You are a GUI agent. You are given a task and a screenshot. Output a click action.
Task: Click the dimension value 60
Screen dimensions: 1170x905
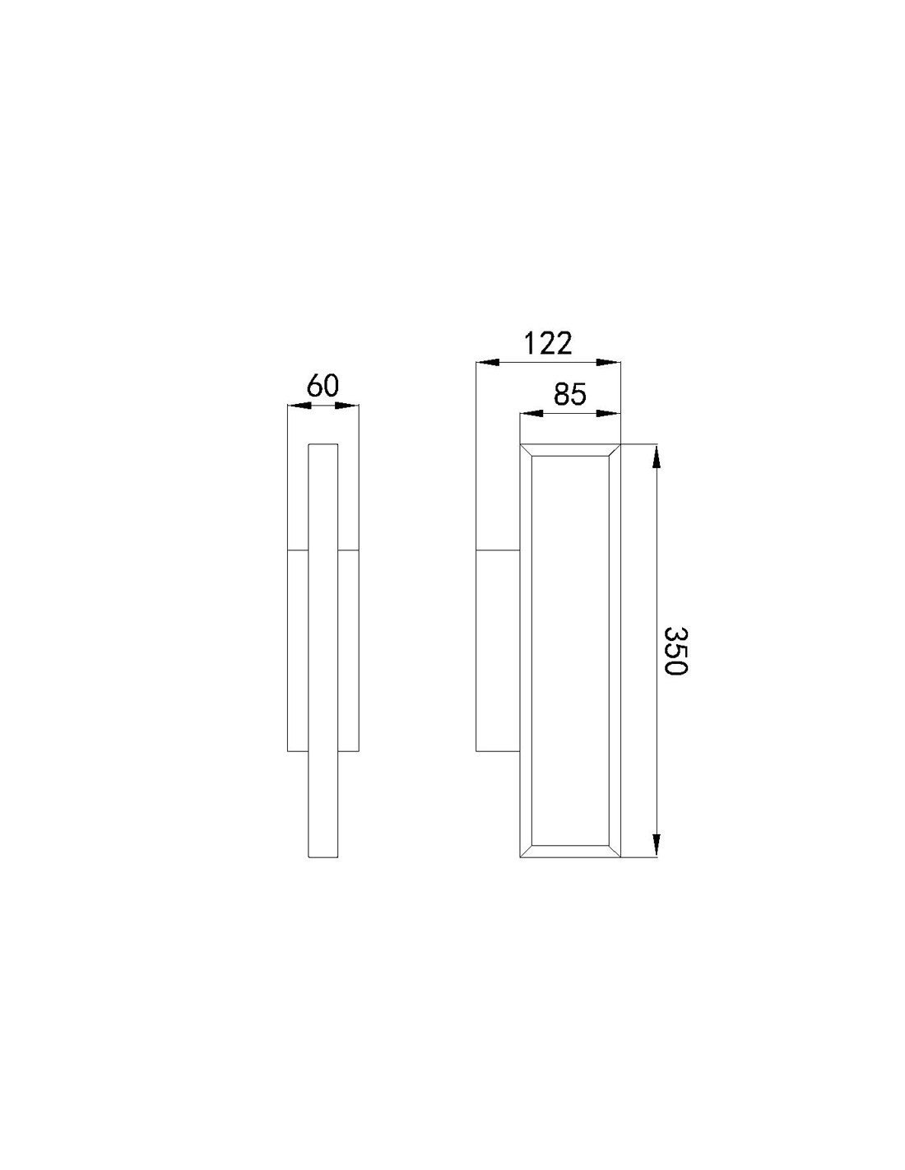pyautogui.click(x=323, y=385)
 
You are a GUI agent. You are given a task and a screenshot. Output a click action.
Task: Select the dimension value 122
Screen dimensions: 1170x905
pyautogui.click(x=548, y=342)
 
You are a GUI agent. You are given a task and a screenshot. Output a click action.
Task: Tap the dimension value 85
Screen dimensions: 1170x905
pyautogui.click(x=569, y=395)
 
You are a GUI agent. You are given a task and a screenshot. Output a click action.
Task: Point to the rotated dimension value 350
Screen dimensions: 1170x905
pyautogui.click(x=675, y=650)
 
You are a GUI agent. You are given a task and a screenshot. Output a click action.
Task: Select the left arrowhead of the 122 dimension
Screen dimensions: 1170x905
pyautogui.click(x=488, y=361)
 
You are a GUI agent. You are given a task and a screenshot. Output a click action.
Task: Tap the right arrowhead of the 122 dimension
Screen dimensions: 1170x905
pyautogui.click(x=609, y=361)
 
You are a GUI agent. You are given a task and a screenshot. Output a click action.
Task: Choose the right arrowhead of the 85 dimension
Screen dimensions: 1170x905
pyautogui.click(x=609, y=414)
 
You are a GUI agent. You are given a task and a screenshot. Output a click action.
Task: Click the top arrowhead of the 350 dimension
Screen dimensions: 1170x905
pyautogui.click(x=656, y=456)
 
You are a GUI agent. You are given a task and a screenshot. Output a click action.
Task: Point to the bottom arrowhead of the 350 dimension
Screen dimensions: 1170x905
pyautogui.click(x=656, y=846)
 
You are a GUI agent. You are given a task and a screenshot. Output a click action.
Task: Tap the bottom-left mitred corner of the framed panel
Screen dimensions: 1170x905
pyautogui.click(x=527, y=852)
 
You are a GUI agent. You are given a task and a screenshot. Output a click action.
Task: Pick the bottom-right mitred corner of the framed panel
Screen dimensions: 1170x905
pyautogui.click(x=614, y=852)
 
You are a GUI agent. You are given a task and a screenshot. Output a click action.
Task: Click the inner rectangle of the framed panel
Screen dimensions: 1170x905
pyautogui.click(x=569, y=650)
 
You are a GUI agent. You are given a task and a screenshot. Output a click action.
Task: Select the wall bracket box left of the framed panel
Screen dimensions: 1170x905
pyautogui.click(x=498, y=650)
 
